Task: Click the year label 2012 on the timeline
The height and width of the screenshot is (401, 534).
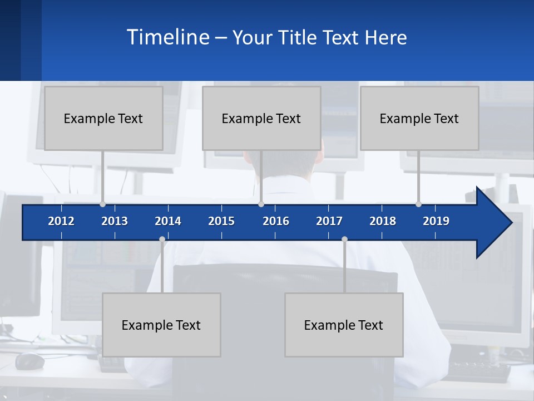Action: (61, 221)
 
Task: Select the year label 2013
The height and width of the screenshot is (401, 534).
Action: (115, 221)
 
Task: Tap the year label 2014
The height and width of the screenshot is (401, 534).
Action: (168, 221)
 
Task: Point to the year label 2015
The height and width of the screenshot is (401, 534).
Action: (221, 221)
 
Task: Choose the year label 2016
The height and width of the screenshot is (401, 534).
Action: (276, 221)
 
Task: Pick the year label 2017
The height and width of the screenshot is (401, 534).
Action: (329, 221)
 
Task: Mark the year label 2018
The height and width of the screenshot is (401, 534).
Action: (383, 221)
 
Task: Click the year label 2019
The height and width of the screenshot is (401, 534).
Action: (436, 221)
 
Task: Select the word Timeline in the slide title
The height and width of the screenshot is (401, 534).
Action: (167, 37)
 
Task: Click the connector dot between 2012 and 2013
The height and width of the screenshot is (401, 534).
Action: (102, 204)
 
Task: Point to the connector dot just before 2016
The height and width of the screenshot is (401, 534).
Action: (261, 204)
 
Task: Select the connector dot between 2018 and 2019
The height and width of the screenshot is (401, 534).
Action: (418, 204)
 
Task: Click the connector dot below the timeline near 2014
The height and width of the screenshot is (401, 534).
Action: (162, 239)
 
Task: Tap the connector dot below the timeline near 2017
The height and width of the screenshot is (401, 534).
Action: (344, 239)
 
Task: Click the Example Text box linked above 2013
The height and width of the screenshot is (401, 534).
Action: (103, 118)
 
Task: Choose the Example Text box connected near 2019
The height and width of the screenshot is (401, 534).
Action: (419, 118)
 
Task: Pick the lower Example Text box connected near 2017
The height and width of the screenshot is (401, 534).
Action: (344, 325)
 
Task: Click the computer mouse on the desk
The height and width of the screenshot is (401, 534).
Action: (29, 361)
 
